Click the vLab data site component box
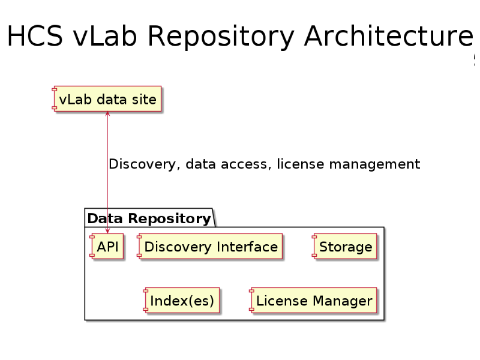tap(107, 98)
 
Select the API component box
tap(107, 246)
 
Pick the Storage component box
tap(344, 246)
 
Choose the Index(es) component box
tap(182, 301)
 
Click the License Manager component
tap(313, 301)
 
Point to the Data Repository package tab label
tap(149, 218)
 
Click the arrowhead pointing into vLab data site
tap(107, 114)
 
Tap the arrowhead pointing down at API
tap(107, 231)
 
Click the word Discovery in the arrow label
tap(142, 164)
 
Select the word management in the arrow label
tap(374, 164)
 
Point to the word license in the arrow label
tap(301, 164)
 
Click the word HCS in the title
tap(35, 36)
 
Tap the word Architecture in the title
tap(389, 36)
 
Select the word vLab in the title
tap(104, 36)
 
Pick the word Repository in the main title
tap(221, 37)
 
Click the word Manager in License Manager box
tap(343, 301)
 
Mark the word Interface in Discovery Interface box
tap(247, 247)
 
